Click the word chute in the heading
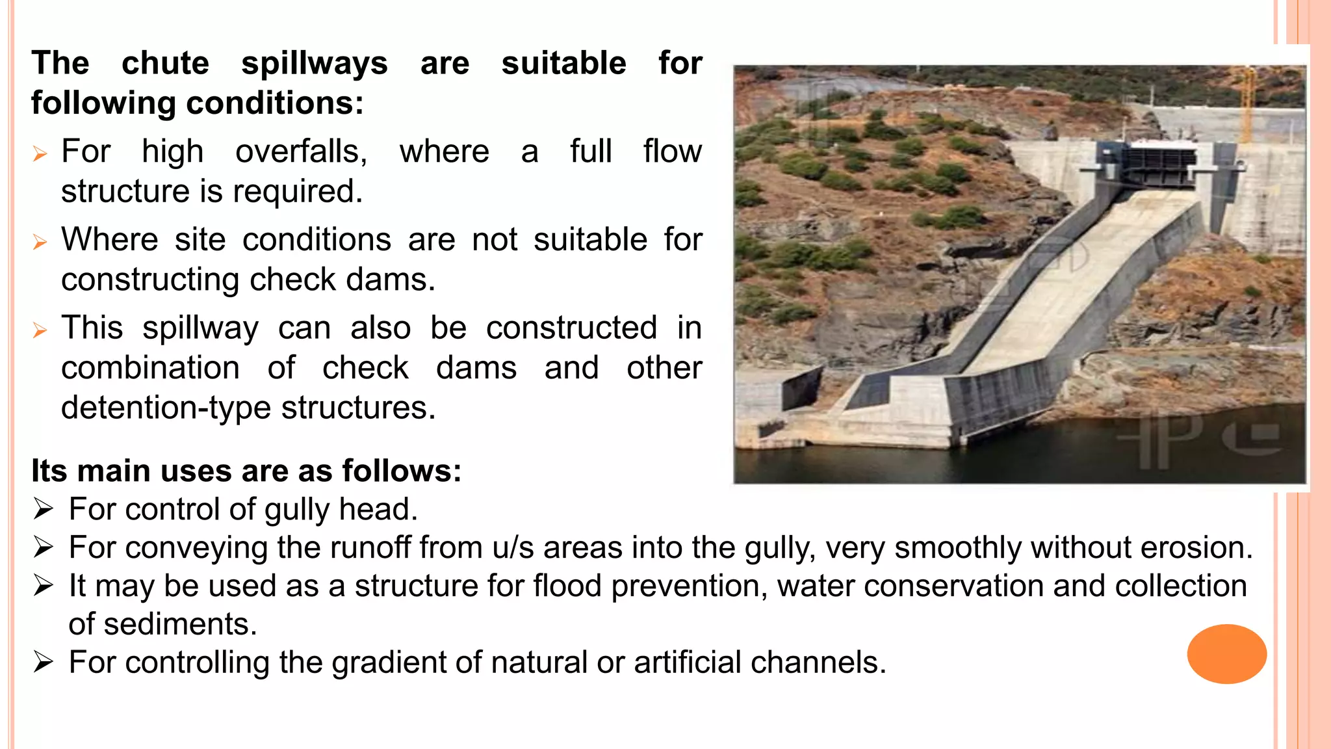[165, 64]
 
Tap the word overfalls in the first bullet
[301, 152]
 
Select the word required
[298, 192]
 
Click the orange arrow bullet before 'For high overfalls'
[40, 154]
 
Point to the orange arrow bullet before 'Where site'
[40, 243]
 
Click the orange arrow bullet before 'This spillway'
[40, 330]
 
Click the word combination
[150, 368]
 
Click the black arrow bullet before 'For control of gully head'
[43, 509]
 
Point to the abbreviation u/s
[513, 547]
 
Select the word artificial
[687, 663]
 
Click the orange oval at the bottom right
[1226, 653]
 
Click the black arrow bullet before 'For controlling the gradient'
[43, 663]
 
